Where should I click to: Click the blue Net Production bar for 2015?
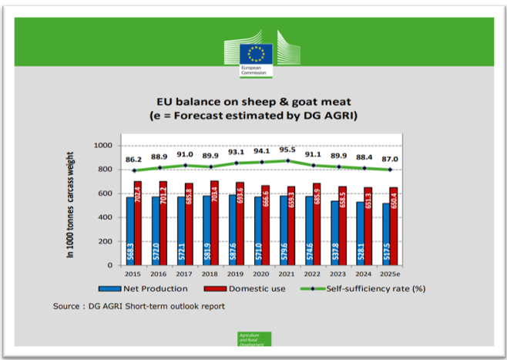point(129,230)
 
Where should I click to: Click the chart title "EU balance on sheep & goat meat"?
point(254,101)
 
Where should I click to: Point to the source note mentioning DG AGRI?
point(139,306)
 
